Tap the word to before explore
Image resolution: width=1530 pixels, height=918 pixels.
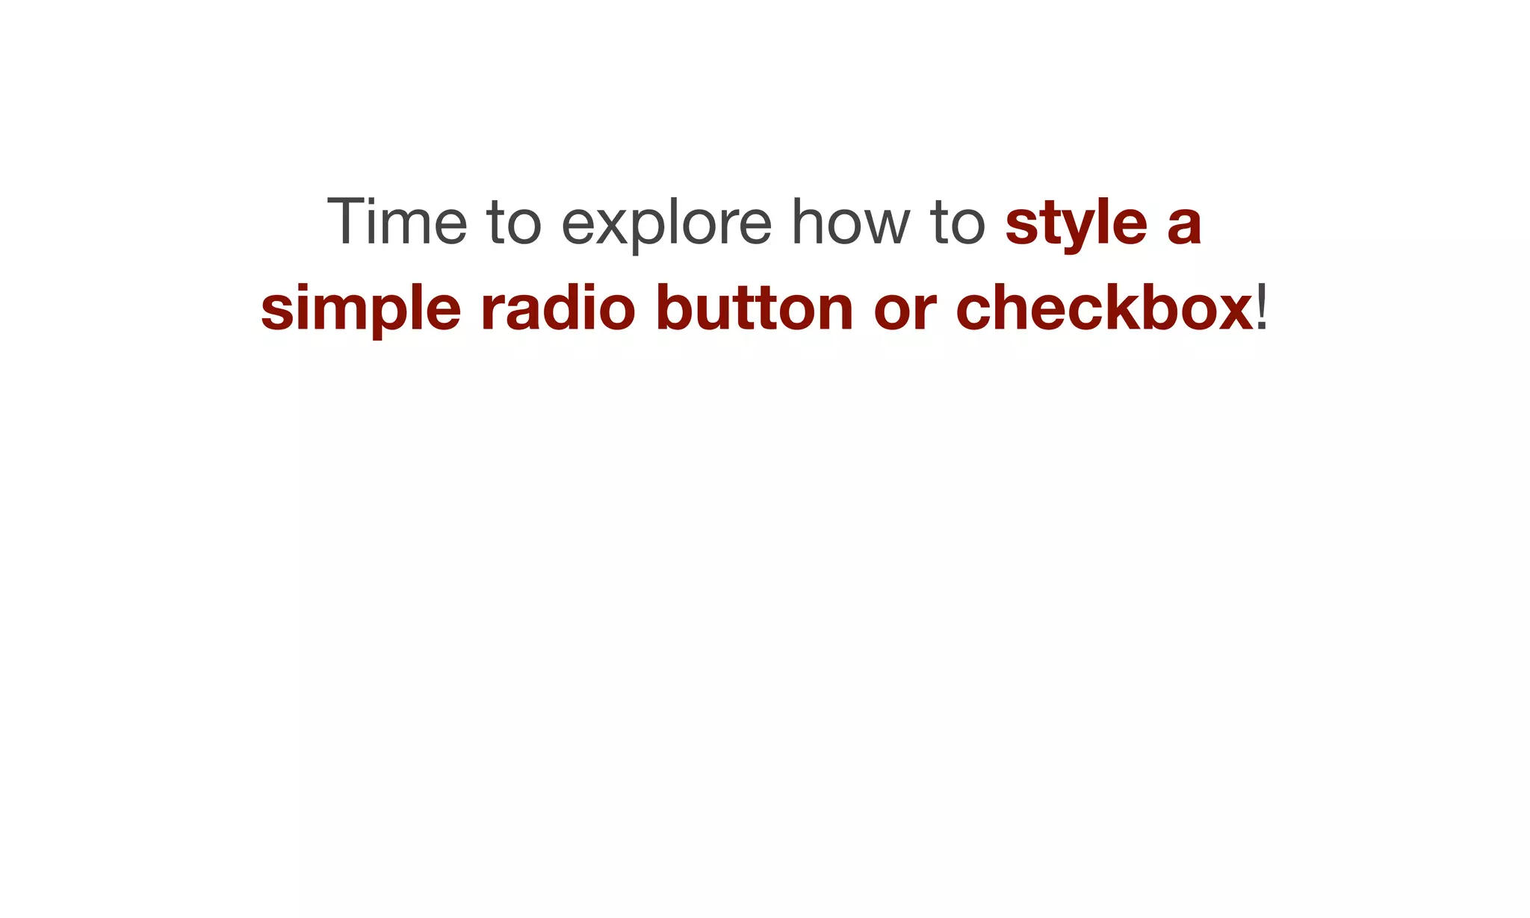[513, 223]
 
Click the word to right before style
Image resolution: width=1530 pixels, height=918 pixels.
[958, 223]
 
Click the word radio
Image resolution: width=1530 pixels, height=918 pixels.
[557, 308]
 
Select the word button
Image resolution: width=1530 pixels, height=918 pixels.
[755, 308]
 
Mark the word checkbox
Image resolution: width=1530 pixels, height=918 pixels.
[1104, 308]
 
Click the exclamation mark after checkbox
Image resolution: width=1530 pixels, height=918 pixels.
[1262, 308]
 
